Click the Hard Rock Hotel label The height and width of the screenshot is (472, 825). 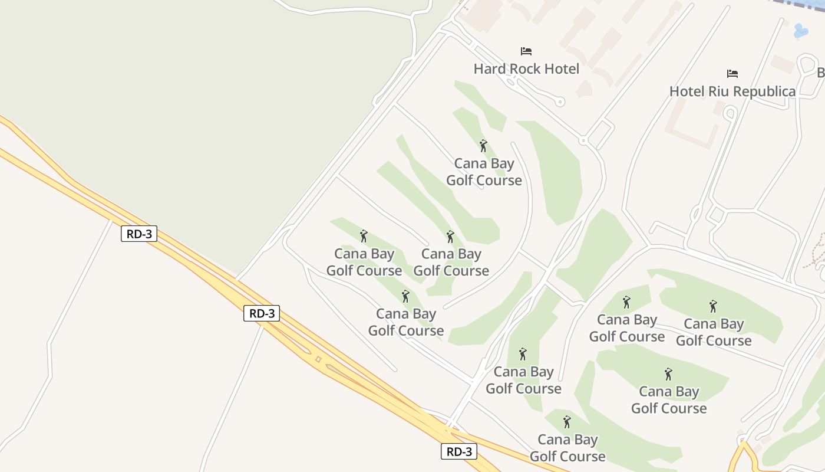point(526,69)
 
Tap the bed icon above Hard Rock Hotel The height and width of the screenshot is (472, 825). point(526,51)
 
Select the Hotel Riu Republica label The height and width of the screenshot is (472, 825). point(732,91)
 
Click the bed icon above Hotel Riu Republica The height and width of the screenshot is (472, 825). point(732,74)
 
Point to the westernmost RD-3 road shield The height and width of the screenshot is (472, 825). point(140,234)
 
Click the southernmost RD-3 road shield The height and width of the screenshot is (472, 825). point(458,452)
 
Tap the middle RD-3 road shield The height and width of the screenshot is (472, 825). point(261,313)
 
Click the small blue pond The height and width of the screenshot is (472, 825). point(800,31)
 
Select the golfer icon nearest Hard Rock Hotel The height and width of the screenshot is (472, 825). point(483,146)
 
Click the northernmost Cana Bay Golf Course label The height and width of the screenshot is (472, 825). point(484,172)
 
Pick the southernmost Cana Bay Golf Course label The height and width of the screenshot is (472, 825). point(567,448)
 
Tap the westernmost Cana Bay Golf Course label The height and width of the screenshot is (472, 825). point(364,262)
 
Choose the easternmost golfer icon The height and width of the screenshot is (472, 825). point(713,306)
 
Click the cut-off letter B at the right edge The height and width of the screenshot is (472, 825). point(820,73)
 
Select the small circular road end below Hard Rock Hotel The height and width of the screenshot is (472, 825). point(560,102)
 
